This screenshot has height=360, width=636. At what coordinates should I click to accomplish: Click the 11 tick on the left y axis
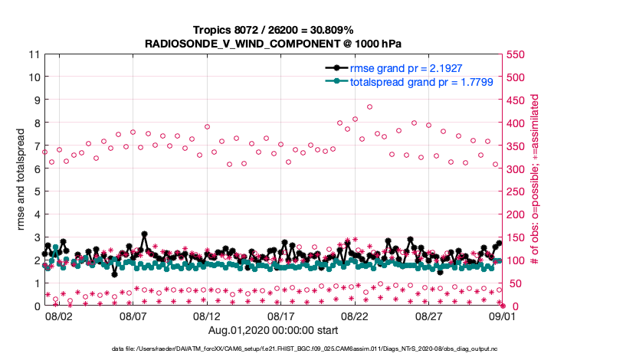point(34,54)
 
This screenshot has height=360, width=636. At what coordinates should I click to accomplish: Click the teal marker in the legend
point(334,80)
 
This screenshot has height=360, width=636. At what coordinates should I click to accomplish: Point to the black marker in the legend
point(334,68)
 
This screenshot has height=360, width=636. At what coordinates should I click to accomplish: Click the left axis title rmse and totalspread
point(21,180)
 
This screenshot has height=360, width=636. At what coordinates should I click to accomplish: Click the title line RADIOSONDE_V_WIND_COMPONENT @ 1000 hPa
point(274,44)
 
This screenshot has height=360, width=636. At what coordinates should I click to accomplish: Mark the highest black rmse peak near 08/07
point(144,234)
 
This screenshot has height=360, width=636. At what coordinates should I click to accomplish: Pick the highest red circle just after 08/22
point(369,107)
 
